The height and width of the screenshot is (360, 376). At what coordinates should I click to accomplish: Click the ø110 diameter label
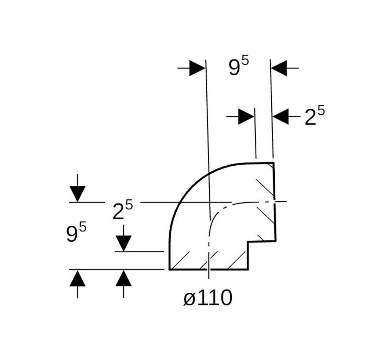tap(208, 298)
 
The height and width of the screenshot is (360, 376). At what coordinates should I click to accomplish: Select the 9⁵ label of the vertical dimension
tap(76, 232)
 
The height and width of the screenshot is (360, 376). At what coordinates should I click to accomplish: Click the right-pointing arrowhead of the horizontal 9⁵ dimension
tap(197, 68)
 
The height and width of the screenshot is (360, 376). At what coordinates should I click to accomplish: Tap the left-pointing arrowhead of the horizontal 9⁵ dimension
tap(279, 68)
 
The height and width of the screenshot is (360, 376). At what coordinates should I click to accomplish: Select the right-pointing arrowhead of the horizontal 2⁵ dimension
tap(246, 116)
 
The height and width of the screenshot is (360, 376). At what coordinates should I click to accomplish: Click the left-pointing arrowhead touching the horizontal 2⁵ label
tap(281, 116)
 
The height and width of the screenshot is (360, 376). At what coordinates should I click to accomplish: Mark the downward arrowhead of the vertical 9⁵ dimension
tap(77, 194)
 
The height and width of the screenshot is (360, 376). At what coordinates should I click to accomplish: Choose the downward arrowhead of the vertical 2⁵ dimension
tap(123, 244)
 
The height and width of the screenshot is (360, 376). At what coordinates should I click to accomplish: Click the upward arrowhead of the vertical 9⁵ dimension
tap(77, 278)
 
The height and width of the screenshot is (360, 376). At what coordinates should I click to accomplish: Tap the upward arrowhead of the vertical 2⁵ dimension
tap(123, 278)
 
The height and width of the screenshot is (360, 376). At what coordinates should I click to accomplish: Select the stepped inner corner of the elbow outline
tap(248, 242)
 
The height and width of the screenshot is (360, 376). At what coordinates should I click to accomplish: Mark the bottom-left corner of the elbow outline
tap(169, 270)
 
